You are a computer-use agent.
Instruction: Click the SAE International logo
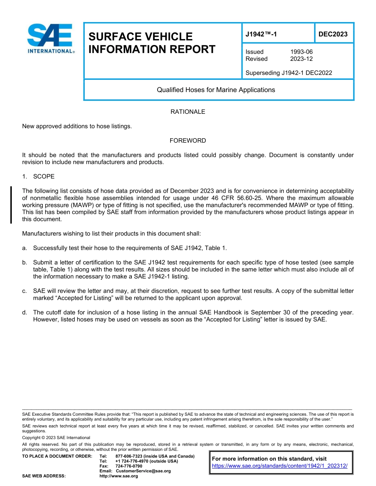coord(50,38)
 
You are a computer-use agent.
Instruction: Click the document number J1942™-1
coord(261,34)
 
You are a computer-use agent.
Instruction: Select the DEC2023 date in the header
coord(333,34)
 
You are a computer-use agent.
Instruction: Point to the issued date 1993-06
coord(301,52)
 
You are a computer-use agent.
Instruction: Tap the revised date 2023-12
coord(301,59)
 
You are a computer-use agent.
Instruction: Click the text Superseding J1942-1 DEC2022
coord(289,73)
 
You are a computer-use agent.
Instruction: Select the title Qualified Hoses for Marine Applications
coord(216,90)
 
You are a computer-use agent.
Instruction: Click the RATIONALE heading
coord(188,112)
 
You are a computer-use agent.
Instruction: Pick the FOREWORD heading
coord(188,141)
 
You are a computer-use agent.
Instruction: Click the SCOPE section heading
coord(44,176)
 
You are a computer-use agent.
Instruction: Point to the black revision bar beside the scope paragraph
coord(11,205)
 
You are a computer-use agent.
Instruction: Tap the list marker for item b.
coord(25,262)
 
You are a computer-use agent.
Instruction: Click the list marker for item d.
coord(25,313)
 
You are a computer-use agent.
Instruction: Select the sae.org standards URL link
coord(279,466)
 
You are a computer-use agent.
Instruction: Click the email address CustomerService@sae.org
coord(143,471)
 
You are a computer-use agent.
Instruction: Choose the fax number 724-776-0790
coord(129,466)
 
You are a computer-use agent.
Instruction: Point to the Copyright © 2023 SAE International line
coord(56,438)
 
